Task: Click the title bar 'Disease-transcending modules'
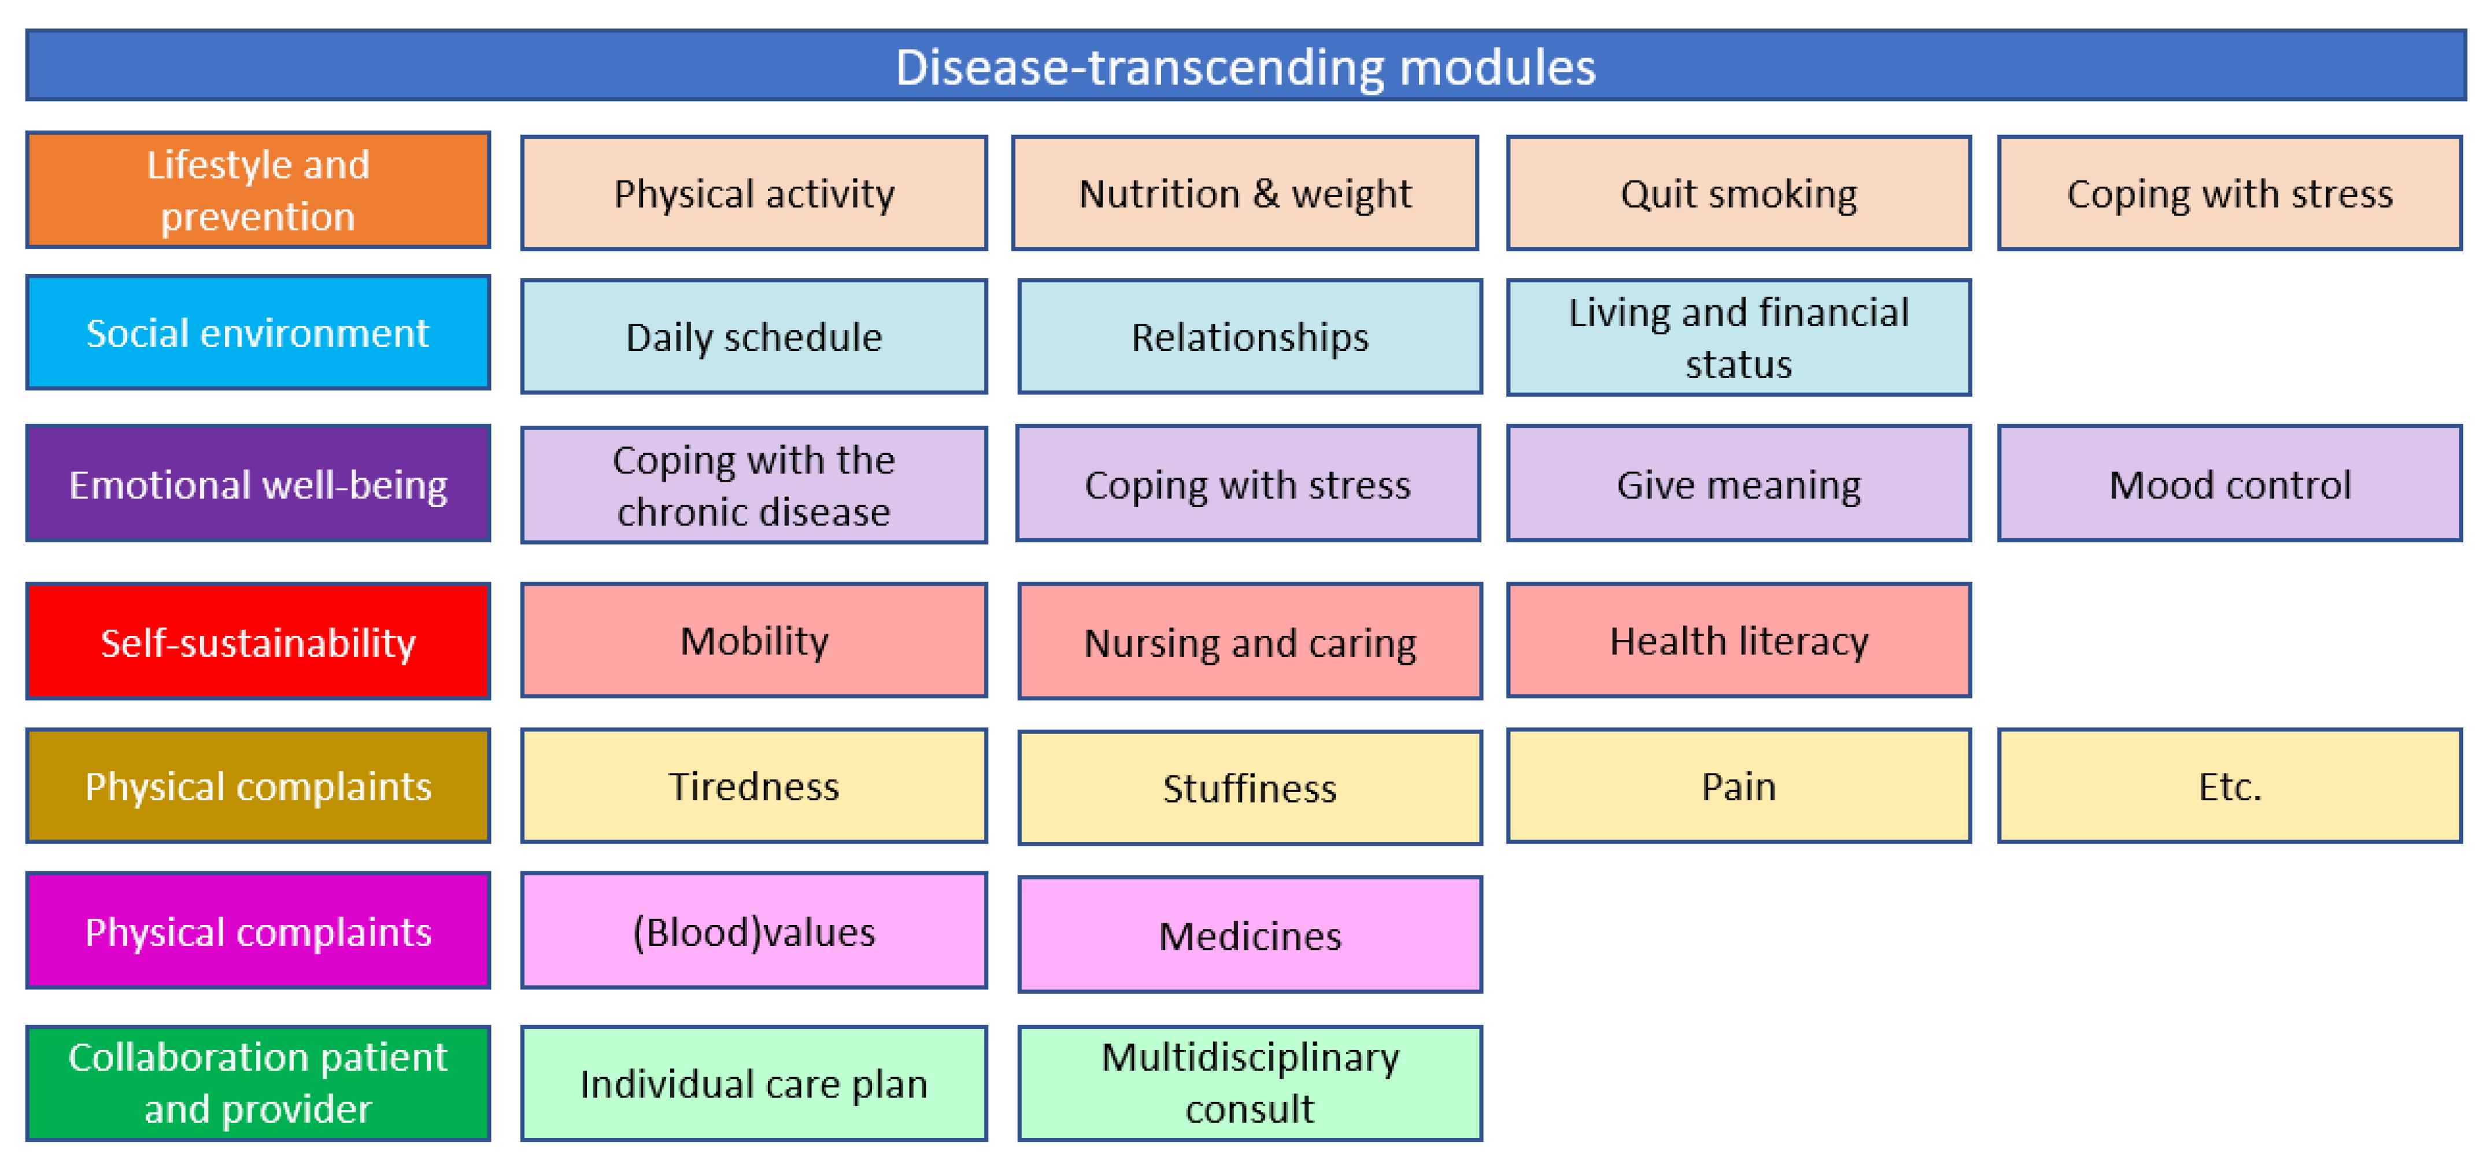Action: (x=1246, y=66)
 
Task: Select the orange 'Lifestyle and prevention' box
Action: (x=258, y=190)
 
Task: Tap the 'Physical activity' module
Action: (x=754, y=193)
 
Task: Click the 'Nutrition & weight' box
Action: (x=1246, y=193)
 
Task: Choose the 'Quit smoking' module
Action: (x=1739, y=193)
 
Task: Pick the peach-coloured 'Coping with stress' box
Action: (x=2230, y=193)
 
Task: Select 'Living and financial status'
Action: (x=1739, y=338)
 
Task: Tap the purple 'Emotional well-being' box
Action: (x=258, y=483)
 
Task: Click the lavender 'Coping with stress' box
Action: (x=1248, y=483)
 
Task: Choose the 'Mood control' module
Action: (x=2230, y=483)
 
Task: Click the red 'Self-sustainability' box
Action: (x=258, y=641)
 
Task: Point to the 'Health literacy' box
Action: (x=1739, y=640)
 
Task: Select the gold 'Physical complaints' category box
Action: (x=258, y=786)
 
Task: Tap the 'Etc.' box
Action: (x=2230, y=786)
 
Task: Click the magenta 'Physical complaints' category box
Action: (x=258, y=930)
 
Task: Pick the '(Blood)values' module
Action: (x=754, y=930)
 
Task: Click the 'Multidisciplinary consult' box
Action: (x=1250, y=1083)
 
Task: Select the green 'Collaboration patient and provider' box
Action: (x=258, y=1083)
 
